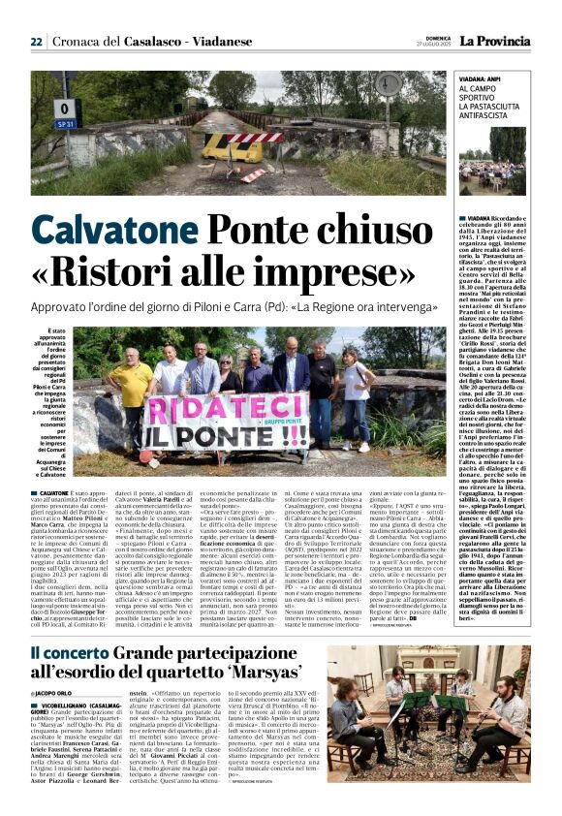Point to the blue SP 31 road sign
pyautogui.click(x=66, y=124)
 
